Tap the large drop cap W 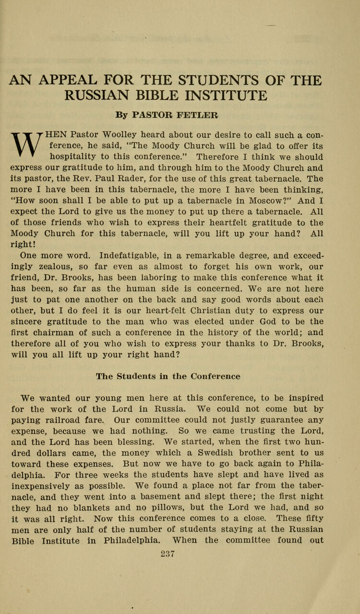pos(28,145)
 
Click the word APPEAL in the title pos(80,80)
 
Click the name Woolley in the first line pos(126,135)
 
